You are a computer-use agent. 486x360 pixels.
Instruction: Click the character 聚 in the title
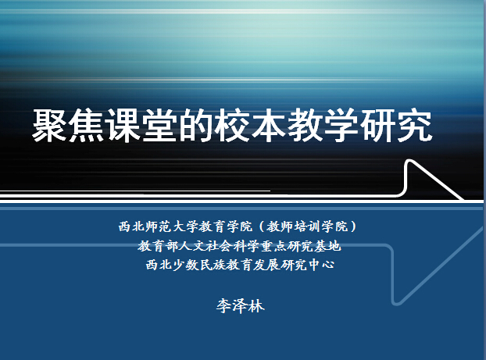50,126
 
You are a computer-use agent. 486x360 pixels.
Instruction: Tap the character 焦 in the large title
86,126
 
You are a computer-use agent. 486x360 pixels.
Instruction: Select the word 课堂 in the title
141,126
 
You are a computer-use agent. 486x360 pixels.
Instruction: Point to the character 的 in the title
195,126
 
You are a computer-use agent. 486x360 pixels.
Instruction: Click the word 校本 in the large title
250,126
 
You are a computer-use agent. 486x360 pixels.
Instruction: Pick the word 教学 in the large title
323,126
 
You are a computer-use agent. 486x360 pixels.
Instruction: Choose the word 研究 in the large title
396,126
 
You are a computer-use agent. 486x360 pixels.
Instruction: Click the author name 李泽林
240,306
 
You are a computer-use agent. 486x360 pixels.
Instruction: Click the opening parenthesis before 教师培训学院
261,226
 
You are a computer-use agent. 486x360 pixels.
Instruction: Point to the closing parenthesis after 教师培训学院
353,226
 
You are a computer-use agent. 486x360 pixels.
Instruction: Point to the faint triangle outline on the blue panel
438,266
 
